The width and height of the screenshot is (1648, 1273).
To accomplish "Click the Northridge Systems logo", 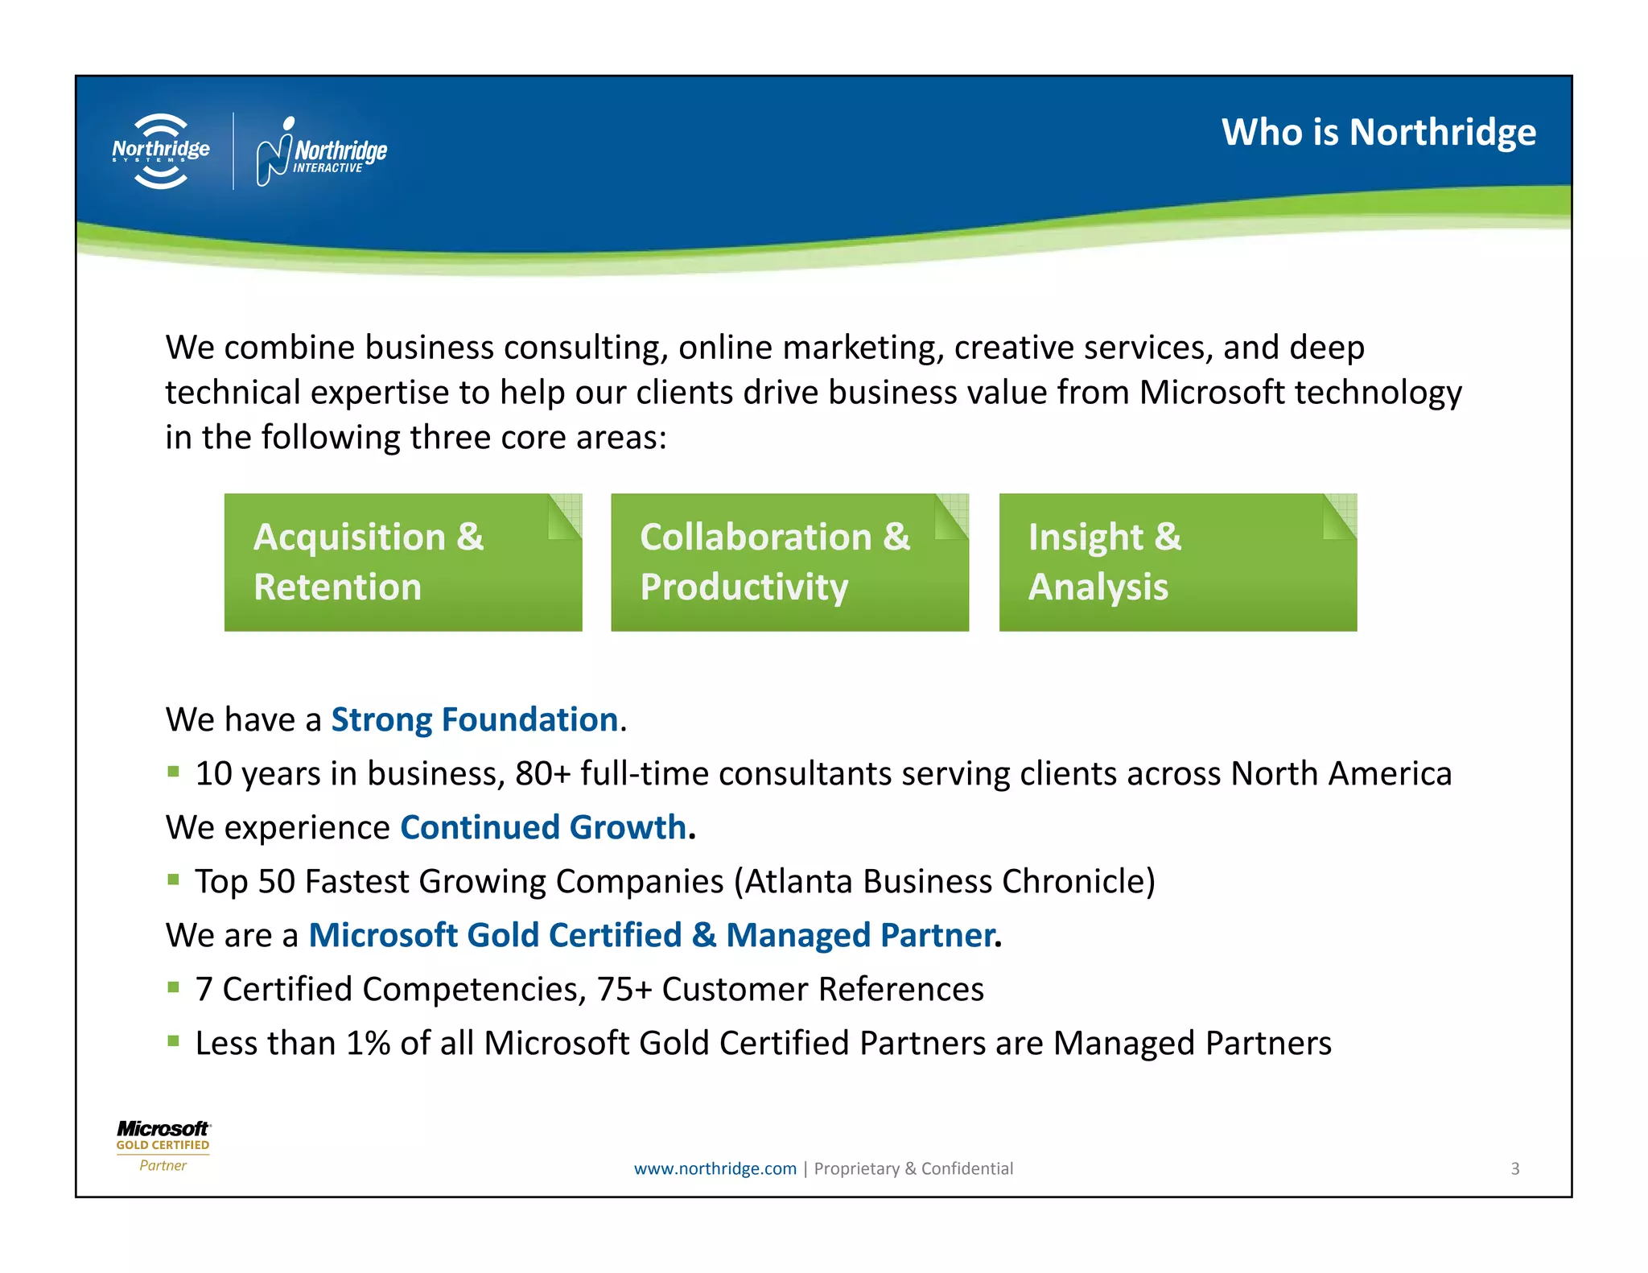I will (161, 150).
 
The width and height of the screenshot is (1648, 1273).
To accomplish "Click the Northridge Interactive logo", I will (321, 152).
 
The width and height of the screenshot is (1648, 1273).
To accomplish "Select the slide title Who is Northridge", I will (1378, 132).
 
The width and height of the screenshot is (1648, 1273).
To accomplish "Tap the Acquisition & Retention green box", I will (402, 562).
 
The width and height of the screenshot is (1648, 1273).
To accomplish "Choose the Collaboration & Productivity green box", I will (789, 562).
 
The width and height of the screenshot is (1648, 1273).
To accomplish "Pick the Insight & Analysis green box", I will (1177, 562).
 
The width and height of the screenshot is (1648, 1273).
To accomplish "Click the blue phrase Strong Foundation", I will (475, 719).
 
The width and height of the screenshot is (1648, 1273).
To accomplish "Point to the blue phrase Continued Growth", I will (543, 827).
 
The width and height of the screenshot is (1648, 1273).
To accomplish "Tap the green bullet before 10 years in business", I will (173, 772).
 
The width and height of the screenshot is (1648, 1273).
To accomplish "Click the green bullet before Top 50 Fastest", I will (173, 880).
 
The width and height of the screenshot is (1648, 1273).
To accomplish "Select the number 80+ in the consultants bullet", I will (543, 773).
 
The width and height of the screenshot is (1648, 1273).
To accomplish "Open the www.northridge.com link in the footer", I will (715, 1168).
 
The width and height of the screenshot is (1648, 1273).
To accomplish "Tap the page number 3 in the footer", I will (1514, 1168).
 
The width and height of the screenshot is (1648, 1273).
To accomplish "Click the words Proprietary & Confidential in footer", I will (913, 1168).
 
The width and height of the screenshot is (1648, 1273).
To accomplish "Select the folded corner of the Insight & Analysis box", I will (1339, 515).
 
